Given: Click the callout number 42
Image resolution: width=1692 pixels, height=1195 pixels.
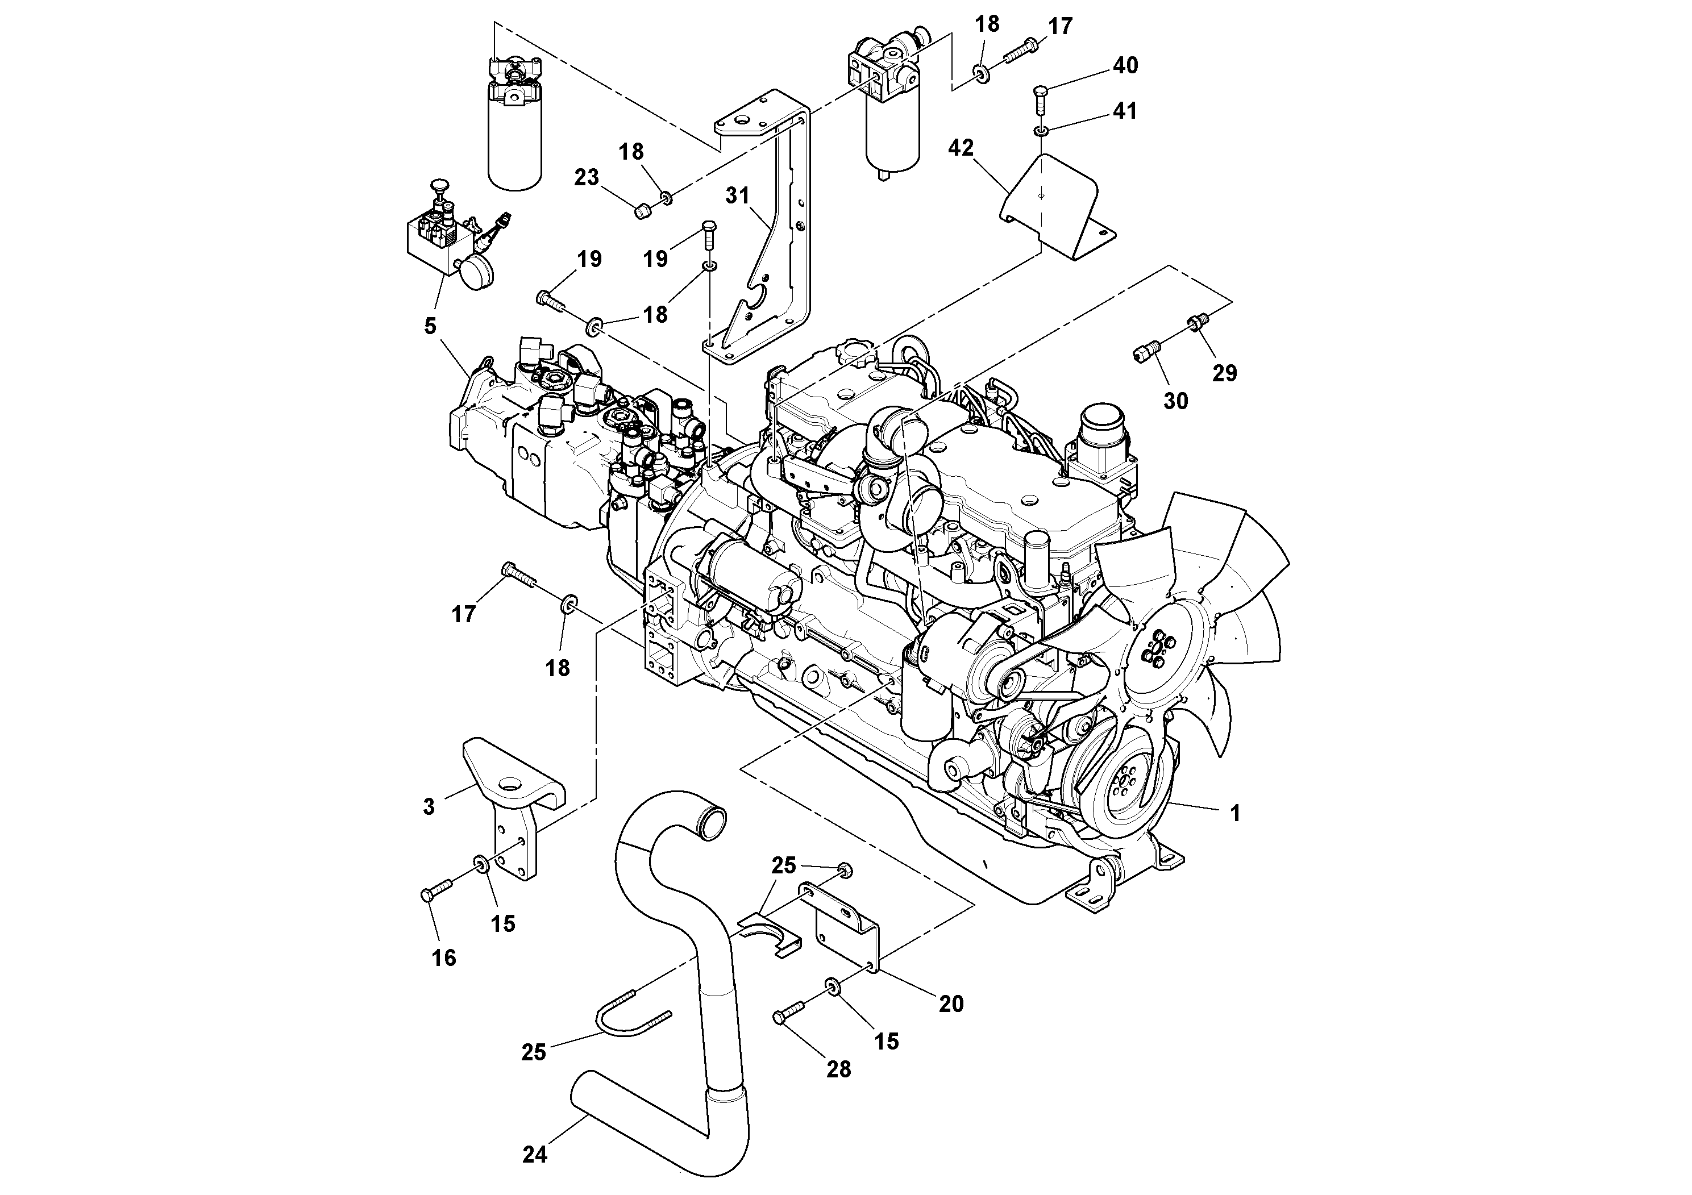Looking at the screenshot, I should click(961, 148).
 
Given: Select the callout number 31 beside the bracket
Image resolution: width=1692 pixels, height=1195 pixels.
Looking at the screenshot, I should click(737, 195).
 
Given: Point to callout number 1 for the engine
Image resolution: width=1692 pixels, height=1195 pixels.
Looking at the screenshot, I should click(1235, 813).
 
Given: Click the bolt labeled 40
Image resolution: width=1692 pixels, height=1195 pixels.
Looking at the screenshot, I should click(1040, 98).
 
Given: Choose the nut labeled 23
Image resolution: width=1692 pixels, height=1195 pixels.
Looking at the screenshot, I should click(641, 212).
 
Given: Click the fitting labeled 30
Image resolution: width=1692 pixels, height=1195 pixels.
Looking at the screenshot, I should click(1143, 353).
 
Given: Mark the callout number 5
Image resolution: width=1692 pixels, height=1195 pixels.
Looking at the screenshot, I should click(430, 326).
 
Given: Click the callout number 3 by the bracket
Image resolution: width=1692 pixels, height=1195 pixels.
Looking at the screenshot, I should click(429, 807).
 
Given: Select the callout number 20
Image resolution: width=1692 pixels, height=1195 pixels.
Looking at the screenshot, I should click(951, 1004).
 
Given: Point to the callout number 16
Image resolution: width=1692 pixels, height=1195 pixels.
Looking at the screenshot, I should click(444, 958).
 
